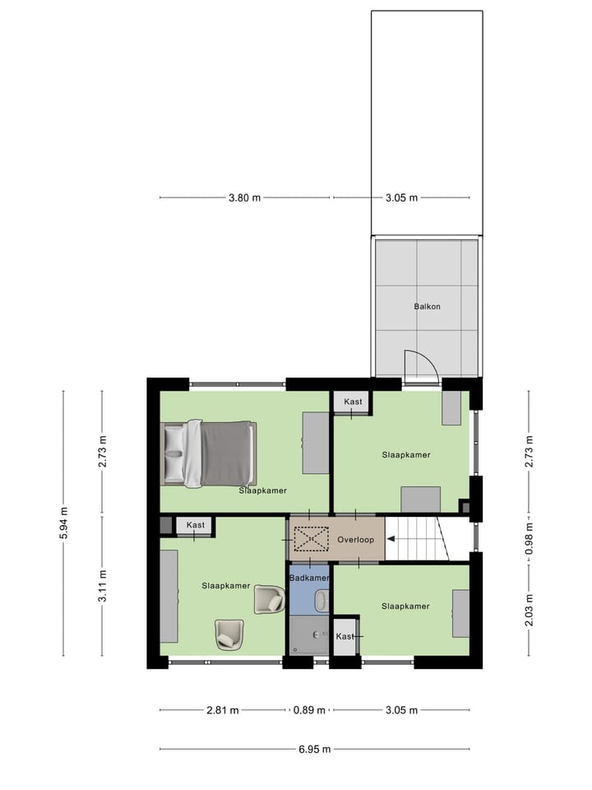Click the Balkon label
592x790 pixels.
pyautogui.click(x=428, y=306)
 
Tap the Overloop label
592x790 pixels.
pyautogui.click(x=355, y=540)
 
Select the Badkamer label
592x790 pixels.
pyautogui.click(x=310, y=579)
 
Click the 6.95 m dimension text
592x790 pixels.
pyautogui.click(x=315, y=749)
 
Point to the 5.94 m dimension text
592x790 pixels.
pyautogui.click(x=63, y=523)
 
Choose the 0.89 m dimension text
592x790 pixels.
pyautogui.click(x=309, y=710)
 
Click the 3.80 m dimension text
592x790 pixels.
pyautogui.click(x=244, y=197)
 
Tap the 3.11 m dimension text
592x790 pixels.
pyautogui.click(x=103, y=586)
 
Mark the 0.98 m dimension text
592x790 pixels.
pyautogui.click(x=529, y=540)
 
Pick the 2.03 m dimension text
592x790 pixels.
pyautogui.click(x=529, y=610)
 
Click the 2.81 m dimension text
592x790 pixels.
pyautogui.click(x=223, y=710)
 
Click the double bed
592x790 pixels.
pyautogui.click(x=210, y=453)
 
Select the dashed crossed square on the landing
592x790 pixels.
pyautogui.click(x=310, y=540)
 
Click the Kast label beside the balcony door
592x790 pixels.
pyautogui.click(x=353, y=402)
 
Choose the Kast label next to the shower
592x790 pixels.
pyautogui.click(x=345, y=637)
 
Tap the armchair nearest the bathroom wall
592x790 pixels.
pyautogui.click(x=268, y=598)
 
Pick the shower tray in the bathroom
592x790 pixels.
pyautogui.click(x=309, y=635)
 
